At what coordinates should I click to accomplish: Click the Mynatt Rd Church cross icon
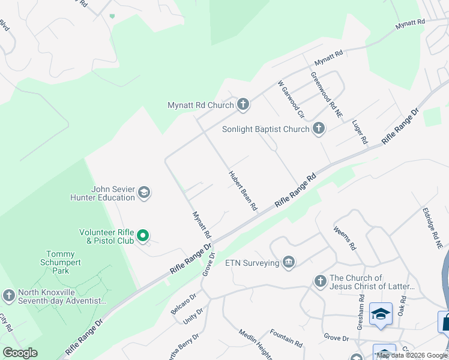point(243,105)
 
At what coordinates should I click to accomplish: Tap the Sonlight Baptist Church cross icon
point(319,128)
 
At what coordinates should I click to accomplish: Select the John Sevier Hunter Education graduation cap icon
point(143,193)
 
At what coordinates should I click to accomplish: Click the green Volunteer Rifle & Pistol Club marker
point(143,236)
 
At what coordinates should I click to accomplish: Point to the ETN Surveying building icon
point(289,263)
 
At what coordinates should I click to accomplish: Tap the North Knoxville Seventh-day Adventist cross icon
point(8,295)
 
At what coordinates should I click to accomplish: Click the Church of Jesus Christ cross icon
point(320,281)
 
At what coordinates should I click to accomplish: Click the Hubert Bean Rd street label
point(243,191)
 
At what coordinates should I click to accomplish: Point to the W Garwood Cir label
point(292,99)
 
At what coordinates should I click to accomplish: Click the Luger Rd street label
point(360,131)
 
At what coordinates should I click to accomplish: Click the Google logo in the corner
point(20,353)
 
